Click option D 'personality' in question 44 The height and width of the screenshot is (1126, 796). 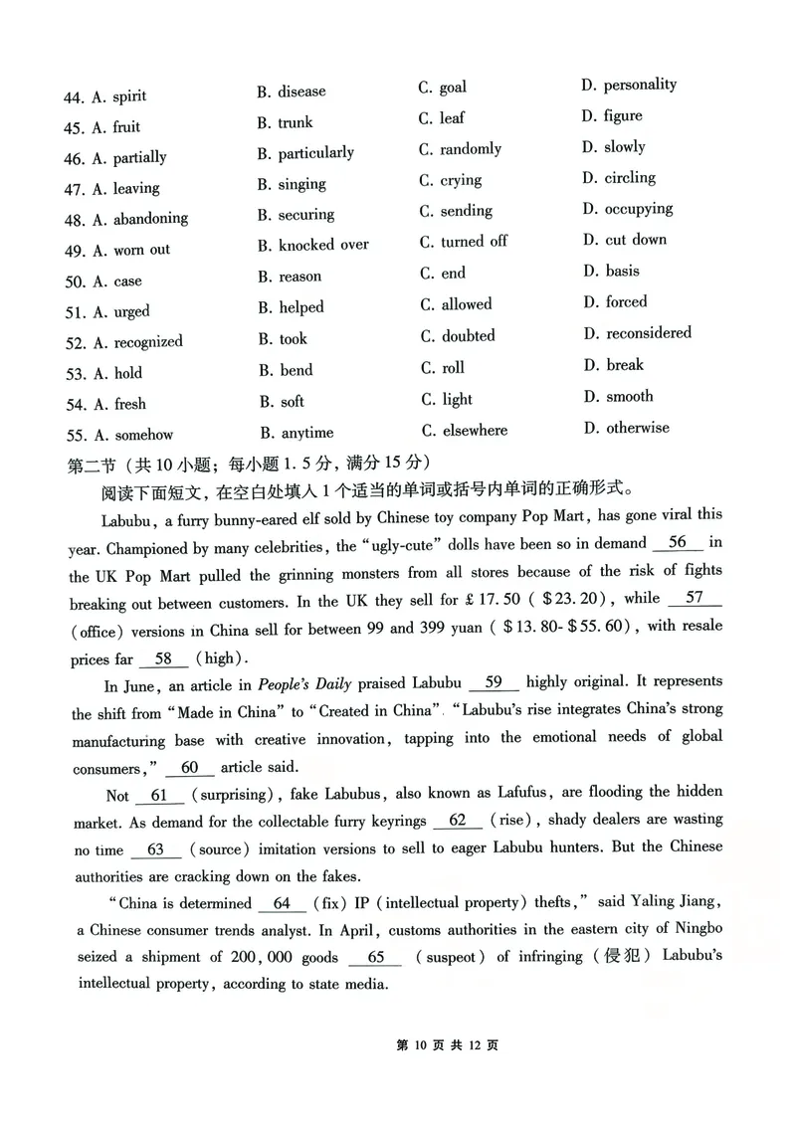tap(639, 85)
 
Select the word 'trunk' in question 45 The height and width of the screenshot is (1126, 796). tap(296, 122)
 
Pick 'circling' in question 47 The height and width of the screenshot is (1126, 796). tap(630, 178)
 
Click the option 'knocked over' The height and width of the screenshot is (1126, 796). tap(323, 245)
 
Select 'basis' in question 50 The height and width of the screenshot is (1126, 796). tap(623, 271)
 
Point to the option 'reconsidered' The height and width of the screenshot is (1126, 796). tap(649, 333)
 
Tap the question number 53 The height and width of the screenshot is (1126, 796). tap(74, 374)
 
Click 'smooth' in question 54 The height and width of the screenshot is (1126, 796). tap(630, 396)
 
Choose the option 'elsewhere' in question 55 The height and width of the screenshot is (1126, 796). tap(475, 431)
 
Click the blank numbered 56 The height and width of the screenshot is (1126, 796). tap(678, 542)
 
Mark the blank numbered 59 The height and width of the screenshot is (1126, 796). tap(493, 682)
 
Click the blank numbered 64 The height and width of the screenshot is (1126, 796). tap(282, 902)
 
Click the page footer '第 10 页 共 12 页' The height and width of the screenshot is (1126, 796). tap(447, 1045)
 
